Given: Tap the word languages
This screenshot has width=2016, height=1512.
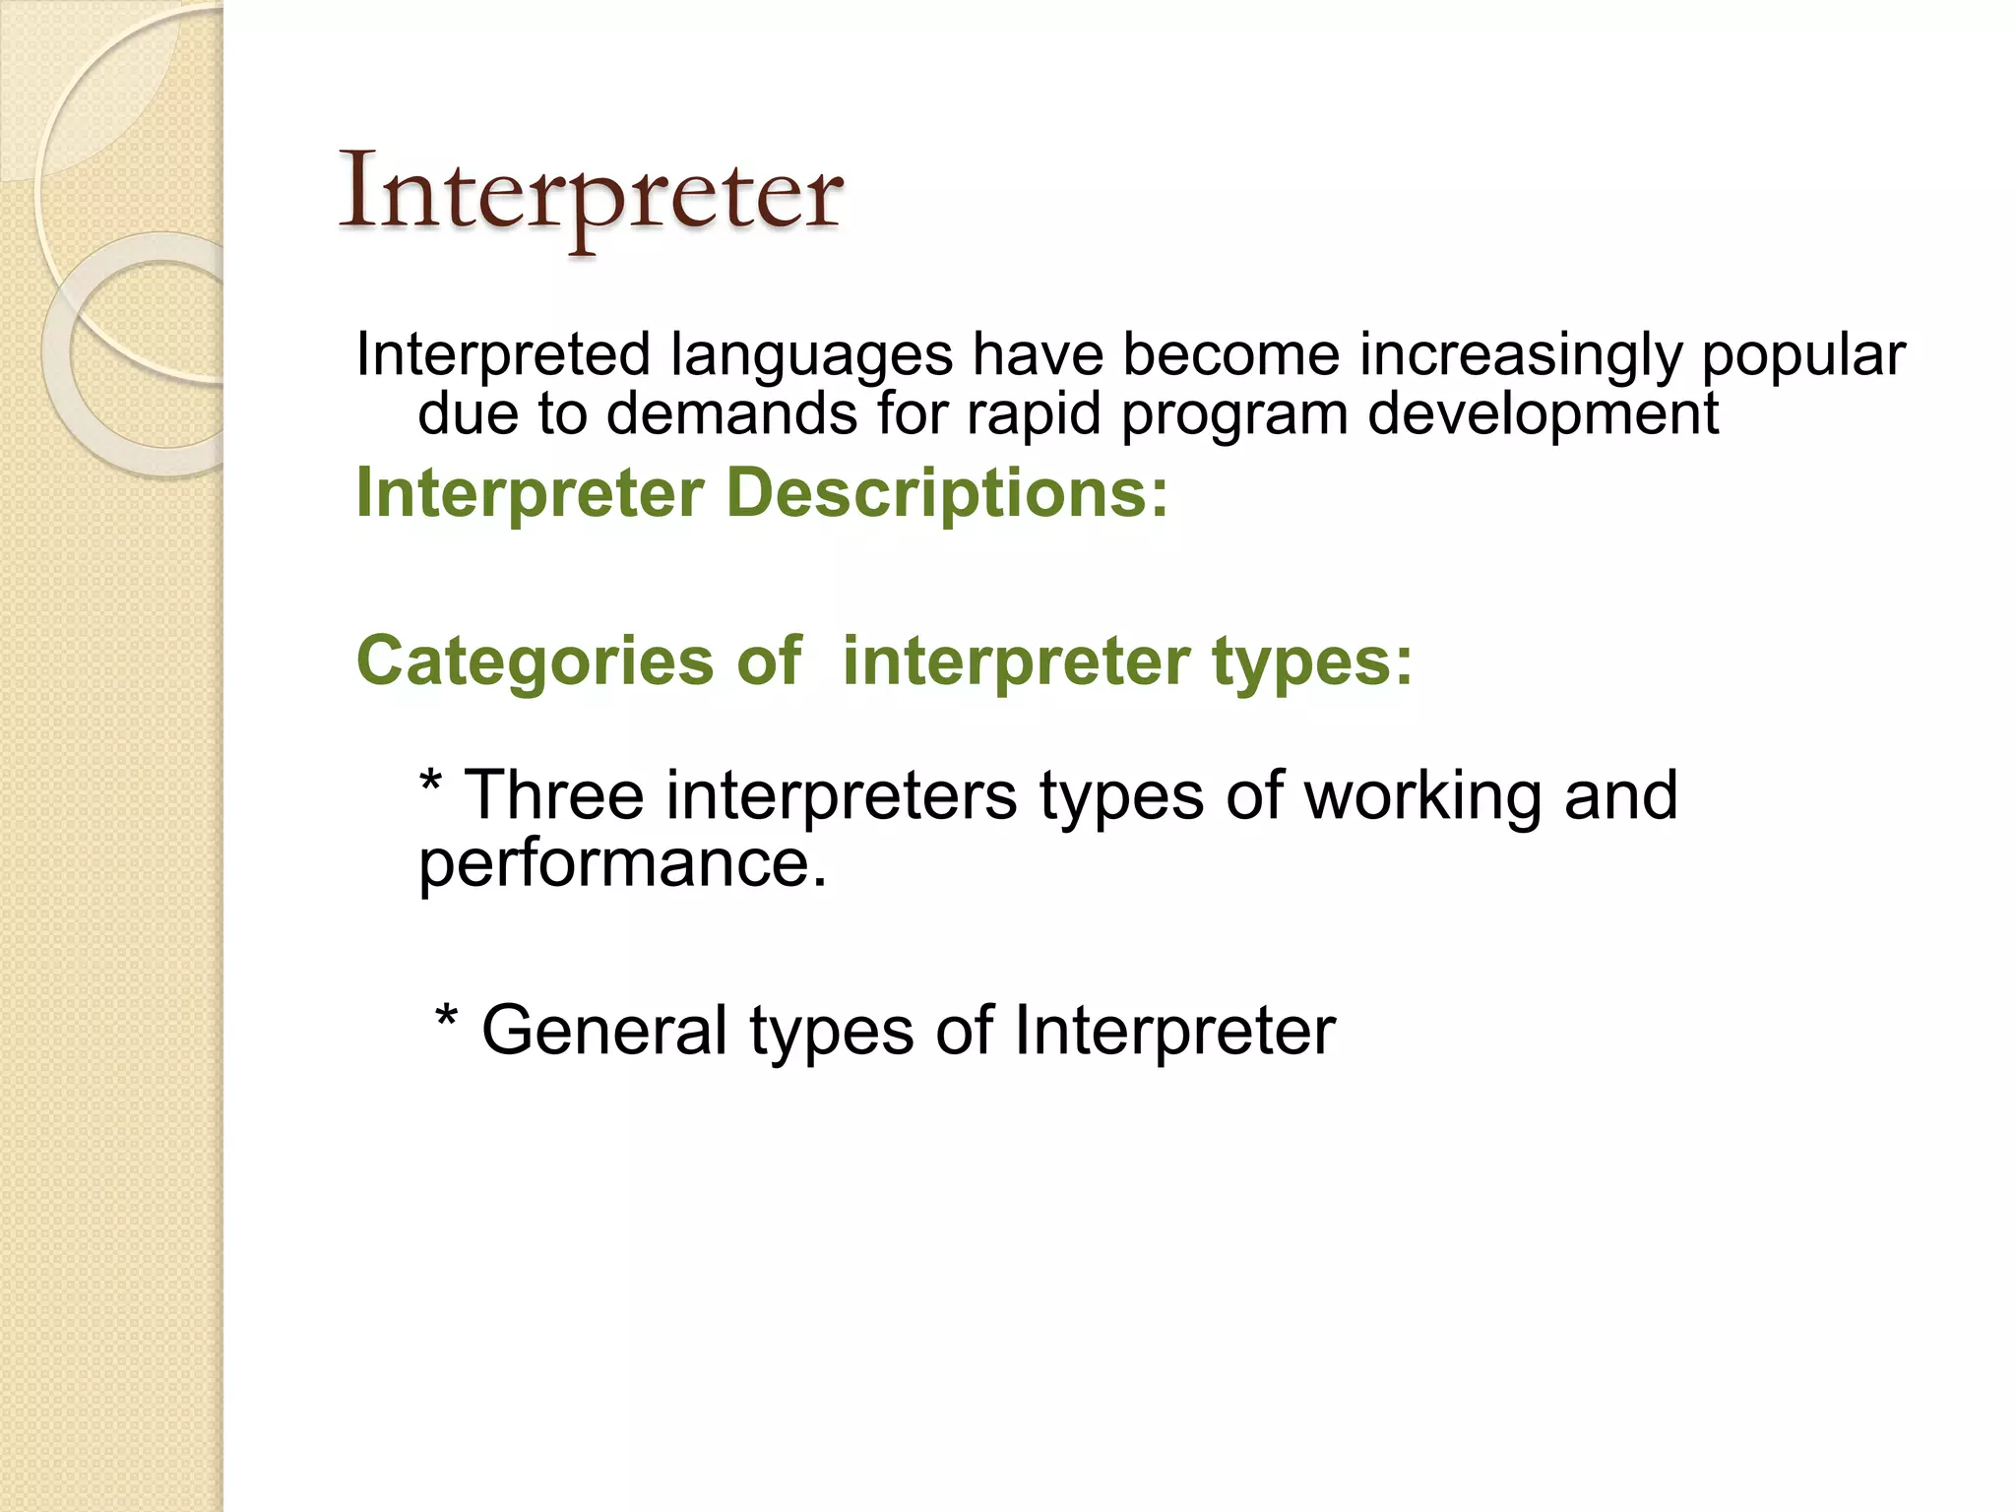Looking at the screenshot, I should click(811, 356).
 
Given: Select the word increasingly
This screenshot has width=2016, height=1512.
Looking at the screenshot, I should click(1521, 356).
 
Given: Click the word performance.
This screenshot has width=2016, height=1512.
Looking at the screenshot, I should click(622, 864).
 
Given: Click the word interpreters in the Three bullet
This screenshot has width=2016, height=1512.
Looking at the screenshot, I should click(842, 795).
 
